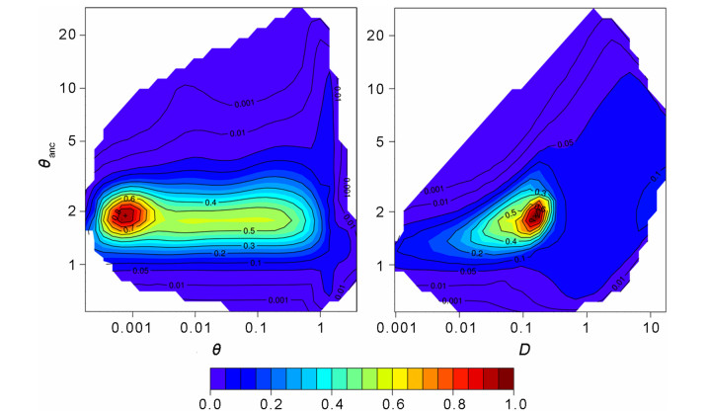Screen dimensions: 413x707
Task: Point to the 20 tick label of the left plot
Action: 67,34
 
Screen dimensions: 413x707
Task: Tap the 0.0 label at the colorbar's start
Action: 210,404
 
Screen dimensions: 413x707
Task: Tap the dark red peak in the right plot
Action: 537,212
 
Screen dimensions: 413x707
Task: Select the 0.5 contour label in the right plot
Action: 510,213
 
